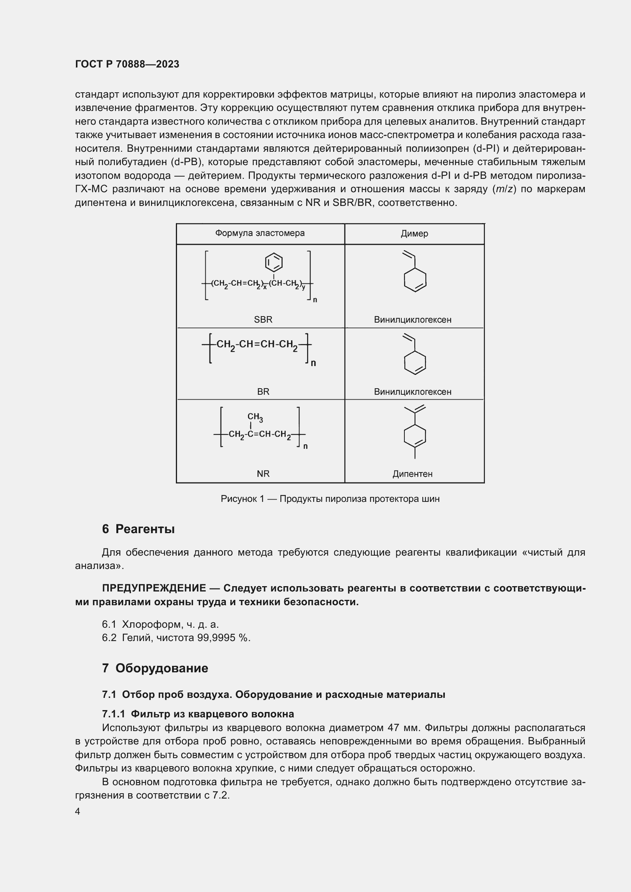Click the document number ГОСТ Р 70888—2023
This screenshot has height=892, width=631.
[127, 64]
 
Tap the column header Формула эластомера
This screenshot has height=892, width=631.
[259, 233]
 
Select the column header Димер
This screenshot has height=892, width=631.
[414, 233]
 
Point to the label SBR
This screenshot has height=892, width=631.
[263, 319]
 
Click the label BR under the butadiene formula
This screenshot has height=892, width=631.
[263, 392]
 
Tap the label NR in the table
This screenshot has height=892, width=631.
[263, 474]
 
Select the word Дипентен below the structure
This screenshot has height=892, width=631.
[412, 474]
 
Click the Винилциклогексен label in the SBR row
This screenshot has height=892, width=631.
[413, 320]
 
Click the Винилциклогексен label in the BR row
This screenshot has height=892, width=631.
[413, 392]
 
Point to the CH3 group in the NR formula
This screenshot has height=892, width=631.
[255, 417]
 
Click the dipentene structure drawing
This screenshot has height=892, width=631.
[415, 433]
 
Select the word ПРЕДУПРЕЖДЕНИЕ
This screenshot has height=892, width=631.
[154, 588]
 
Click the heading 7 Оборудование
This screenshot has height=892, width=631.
[155, 668]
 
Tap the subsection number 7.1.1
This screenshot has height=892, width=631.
[113, 714]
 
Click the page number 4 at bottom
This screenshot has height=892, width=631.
[77, 812]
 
